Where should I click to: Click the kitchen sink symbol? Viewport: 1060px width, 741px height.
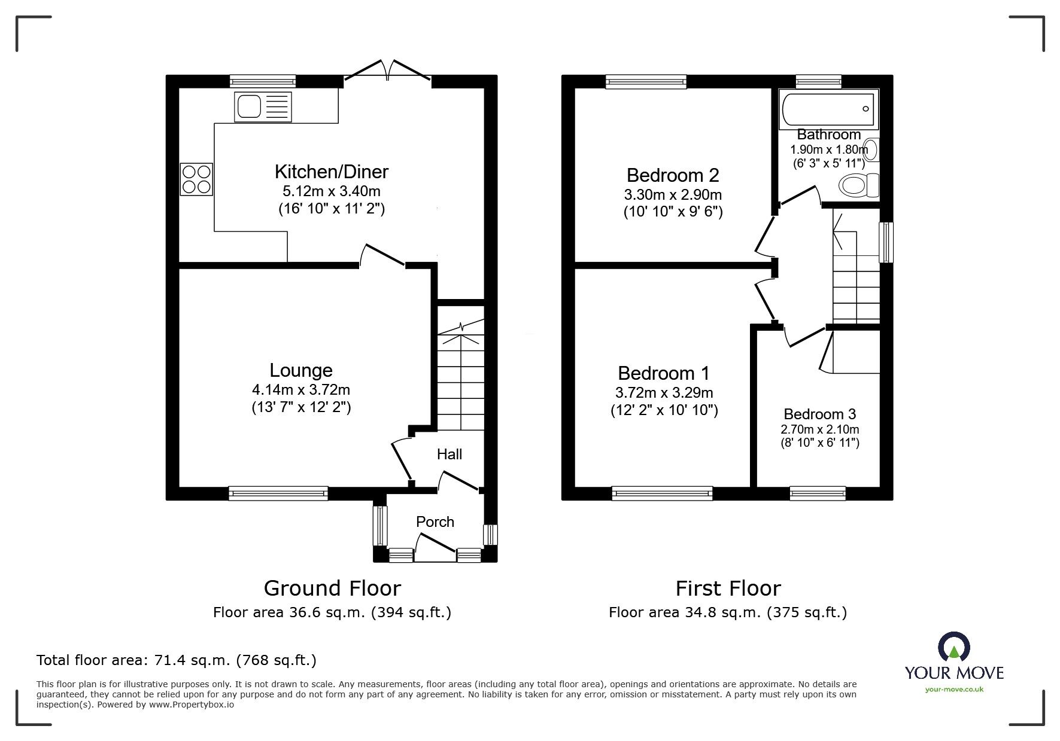tap(262, 107)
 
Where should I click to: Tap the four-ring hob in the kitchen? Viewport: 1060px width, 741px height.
tap(196, 179)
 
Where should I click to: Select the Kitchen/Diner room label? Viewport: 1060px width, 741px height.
tap(331, 172)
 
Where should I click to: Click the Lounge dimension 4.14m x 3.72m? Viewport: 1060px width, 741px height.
tap(300, 390)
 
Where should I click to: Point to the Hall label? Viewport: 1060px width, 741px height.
tap(449, 455)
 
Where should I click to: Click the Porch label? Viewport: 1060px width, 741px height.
tap(435, 522)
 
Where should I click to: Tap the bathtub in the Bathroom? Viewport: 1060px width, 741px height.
tap(828, 109)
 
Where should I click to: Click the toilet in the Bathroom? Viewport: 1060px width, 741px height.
tap(859, 185)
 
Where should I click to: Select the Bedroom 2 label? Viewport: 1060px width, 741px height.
tap(672, 175)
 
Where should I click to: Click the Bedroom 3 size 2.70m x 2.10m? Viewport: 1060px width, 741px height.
tap(819, 429)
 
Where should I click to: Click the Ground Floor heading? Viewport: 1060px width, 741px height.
tap(332, 588)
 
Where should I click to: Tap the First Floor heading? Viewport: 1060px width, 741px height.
tap(728, 588)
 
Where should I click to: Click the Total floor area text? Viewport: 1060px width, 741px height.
tap(176, 660)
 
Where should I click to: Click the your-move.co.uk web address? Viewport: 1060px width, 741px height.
tap(954, 690)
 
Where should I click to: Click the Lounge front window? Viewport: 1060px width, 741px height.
tap(278, 493)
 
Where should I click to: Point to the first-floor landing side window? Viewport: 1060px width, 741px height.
tap(886, 242)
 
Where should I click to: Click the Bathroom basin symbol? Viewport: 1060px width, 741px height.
tap(872, 150)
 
